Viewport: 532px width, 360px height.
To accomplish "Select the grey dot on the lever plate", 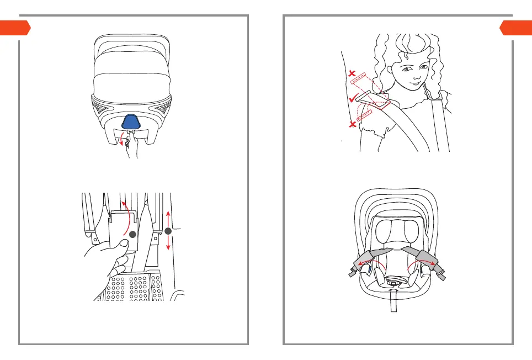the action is pos(132,234).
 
